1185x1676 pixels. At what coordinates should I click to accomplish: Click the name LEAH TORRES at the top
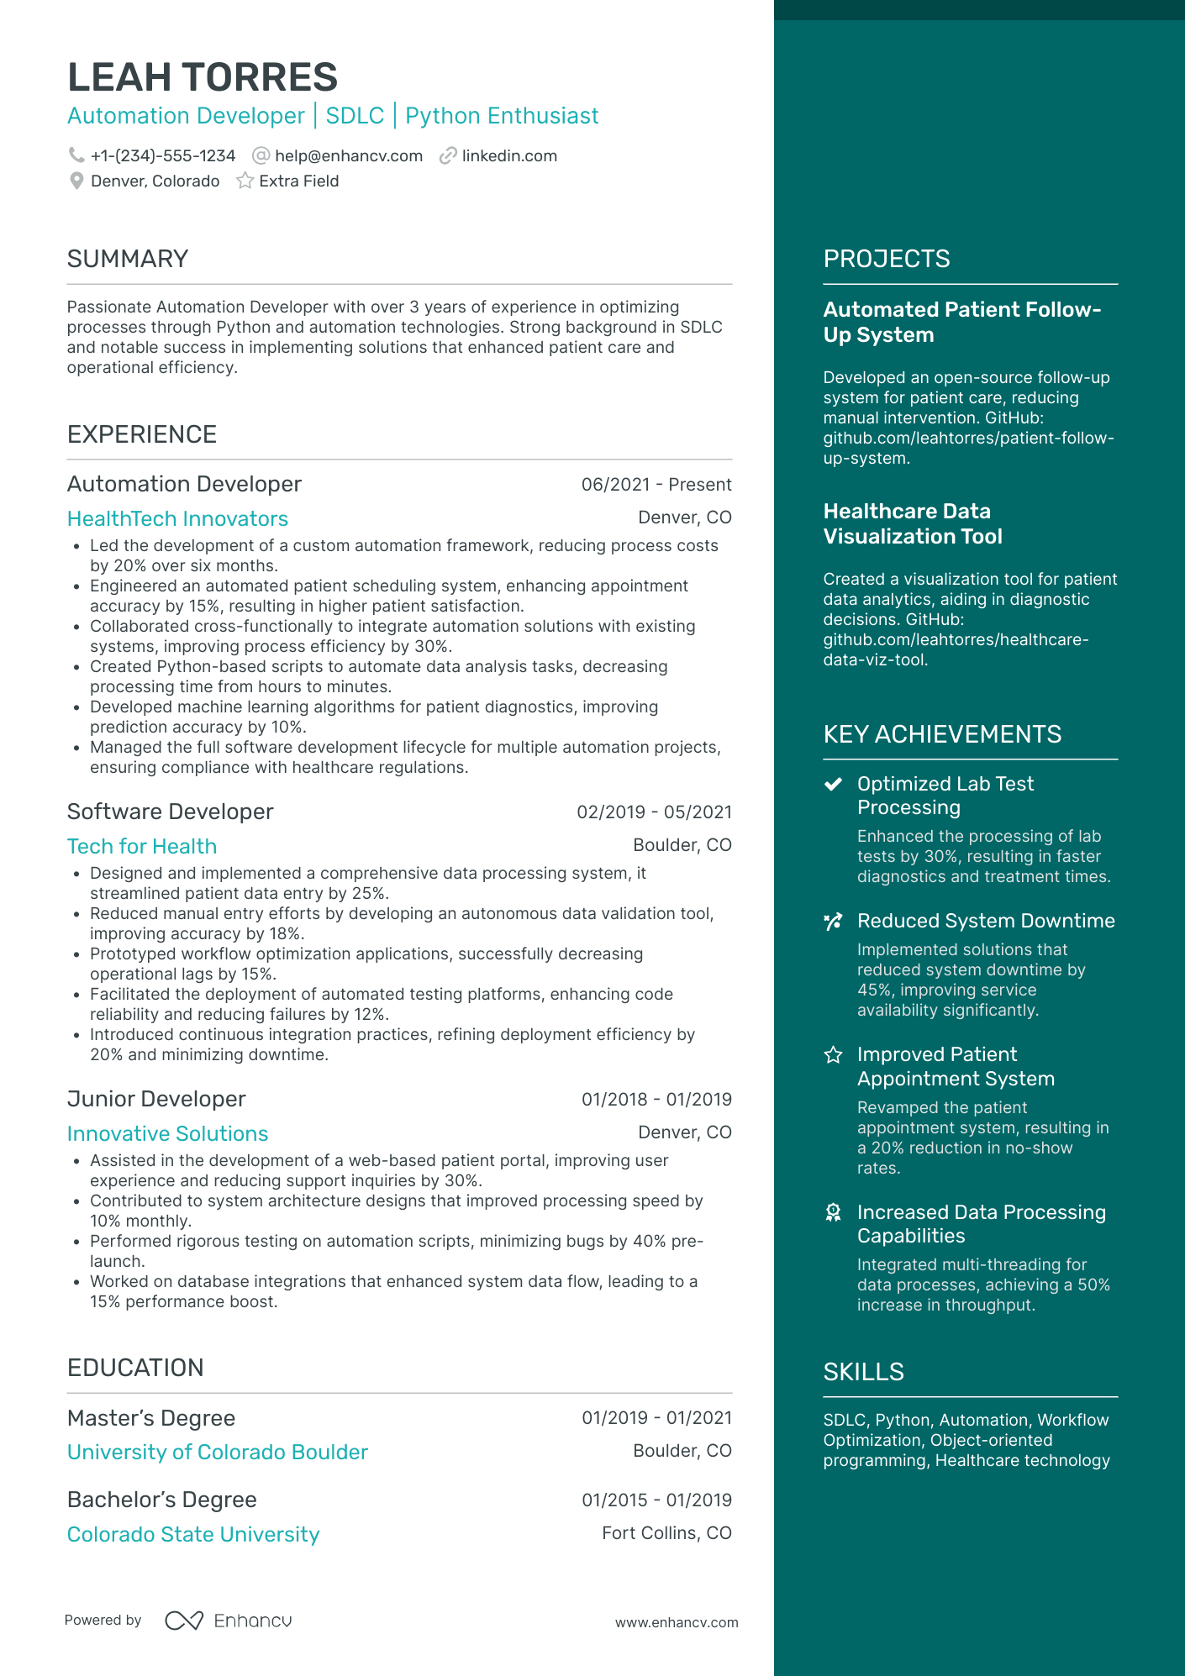pyautogui.click(x=202, y=77)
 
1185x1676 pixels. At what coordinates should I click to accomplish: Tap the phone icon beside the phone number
pyautogui.click(x=76, y=155)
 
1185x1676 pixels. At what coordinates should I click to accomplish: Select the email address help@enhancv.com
pyautogui.click(x=348, y=156)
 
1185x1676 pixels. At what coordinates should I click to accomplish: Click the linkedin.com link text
pyautogui.click(x=509, y=156)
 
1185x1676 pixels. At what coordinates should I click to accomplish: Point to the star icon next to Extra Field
pyautogui.click(x=245, y=181)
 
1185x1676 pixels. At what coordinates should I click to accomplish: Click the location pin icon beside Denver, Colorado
pyautogui.click(x=76, y=181)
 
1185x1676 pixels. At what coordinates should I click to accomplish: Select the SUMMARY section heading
pyautogui.click(x=128, y=259)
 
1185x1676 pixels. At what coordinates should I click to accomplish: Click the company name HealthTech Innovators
pyautogui.click(x=177, y=518)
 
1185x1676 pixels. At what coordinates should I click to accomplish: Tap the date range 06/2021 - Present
pyautogui.click(x=656, y=485)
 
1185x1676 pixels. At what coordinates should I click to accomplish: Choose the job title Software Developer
pyautogui.click(x=170, y=812)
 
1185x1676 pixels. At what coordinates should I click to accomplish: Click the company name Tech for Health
pyautogui.click(x=142, y=846)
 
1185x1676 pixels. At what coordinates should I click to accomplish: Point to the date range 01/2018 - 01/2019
pyautogui.click(x=656, y=1099)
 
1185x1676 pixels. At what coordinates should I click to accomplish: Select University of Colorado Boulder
pyautogui.click(x=218, y=1452)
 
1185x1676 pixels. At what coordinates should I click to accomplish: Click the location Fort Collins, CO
pyautogui.click(x=666, y=1533)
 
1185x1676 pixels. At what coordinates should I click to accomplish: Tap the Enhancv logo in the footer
pyautogui.click(x=229, y=1621)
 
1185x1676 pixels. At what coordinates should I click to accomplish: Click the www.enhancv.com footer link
pyautogui.click(x=677, y=1622)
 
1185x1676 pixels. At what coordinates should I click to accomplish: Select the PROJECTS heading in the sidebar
pyautogui.click(x=887, y=259)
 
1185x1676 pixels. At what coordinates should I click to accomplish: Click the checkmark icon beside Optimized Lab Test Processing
pyautogui.click(x=833, y=784)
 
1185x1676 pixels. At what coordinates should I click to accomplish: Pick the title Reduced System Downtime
pyautogui.click(x=986, y=921)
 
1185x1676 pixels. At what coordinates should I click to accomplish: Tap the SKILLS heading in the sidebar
pyautogui.click(x=863, y=1372)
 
